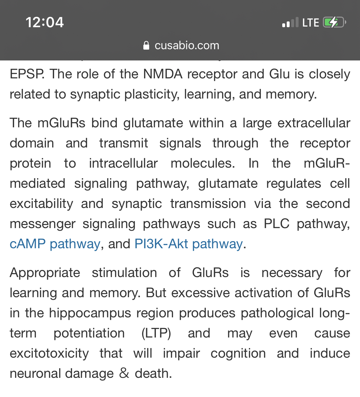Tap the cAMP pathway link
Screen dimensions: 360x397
coord(55,244)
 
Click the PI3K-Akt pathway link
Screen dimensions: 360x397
coord(188,244)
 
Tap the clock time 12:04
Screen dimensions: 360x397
coord(44,22)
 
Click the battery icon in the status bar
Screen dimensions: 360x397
coord(334,22)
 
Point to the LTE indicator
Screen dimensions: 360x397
coord(310,23)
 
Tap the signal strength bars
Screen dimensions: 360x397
coord(290,22)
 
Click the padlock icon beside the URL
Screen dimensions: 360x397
coord(146,45)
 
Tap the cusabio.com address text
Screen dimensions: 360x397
coord(187,45)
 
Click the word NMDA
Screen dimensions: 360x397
coord(163,74)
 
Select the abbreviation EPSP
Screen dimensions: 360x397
coord(27,74)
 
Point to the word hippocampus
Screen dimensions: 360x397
coord(90,314)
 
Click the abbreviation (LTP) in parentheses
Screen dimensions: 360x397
coord(156,333)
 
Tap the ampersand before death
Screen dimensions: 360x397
coord(124,373)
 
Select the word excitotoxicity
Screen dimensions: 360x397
coord(49,354)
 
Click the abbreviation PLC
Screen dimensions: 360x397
coord(276,224)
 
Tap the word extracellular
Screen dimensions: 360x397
coord(314,123)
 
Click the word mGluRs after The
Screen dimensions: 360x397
coord(61,123)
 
